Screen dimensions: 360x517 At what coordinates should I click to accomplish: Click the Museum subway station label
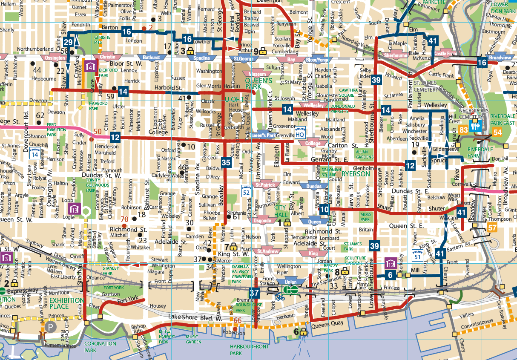tap(259, 74)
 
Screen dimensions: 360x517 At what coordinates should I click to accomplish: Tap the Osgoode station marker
tap(262, 221)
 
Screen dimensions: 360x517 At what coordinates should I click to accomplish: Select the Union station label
tap(290, 282)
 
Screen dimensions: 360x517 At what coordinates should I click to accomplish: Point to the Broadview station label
tap(497, 58)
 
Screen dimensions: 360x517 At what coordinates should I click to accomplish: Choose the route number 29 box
tap(69, 42)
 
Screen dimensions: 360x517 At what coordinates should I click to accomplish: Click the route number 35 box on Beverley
tap(226, 162)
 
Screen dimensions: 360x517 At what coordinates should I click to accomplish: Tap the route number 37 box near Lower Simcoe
tap(254, 293)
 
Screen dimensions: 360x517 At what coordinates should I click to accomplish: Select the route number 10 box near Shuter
tap(325, 209)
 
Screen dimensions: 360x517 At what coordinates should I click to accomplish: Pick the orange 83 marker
tap(464, 130)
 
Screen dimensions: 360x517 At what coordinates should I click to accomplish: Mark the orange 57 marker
tap(492, 228)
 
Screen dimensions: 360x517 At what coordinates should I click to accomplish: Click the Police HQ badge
tap(300, 132)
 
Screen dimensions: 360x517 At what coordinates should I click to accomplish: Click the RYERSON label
tap(356, 174)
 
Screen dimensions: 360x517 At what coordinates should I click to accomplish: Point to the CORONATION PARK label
tap(101, 346)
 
